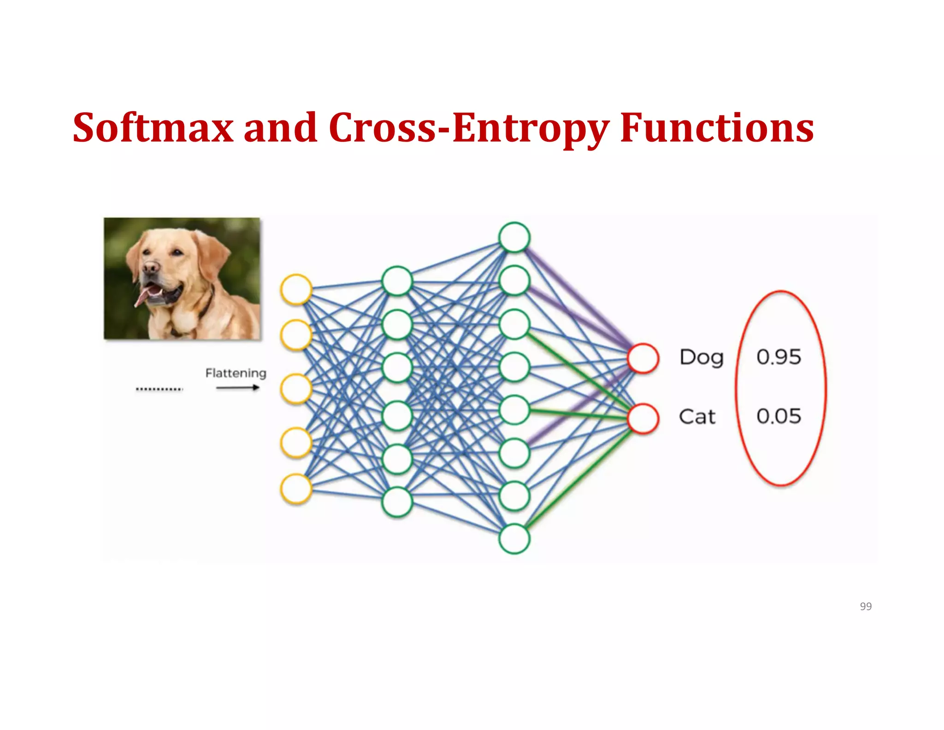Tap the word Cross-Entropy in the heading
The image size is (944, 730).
[x=469, y=128]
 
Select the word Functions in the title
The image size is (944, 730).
[x=717, y=128]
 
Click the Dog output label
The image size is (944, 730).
[x=702, y=358]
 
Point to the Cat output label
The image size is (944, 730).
[x=697, y=417]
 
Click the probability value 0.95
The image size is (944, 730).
[x=779, y=357]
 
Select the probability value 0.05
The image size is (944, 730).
[x=779, y=416]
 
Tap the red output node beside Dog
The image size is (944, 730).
[x=643, y=358]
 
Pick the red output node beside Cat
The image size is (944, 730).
[x=643, y=419]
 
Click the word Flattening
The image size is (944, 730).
[x=236, y=373]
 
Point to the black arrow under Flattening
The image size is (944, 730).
[x=238, y=388]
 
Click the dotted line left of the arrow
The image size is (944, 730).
[x=159, y=389]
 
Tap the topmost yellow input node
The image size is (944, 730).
[x=296, y=289]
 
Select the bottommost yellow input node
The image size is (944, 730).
[x=296, y=489]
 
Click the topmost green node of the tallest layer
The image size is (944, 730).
[x=514, y=237]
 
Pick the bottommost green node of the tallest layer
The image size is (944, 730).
[x=514, y=539]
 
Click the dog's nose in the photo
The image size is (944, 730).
[x=150, y=268]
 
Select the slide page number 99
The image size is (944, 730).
[x=866, y=606]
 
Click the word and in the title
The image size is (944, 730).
[x=280, y=128]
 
